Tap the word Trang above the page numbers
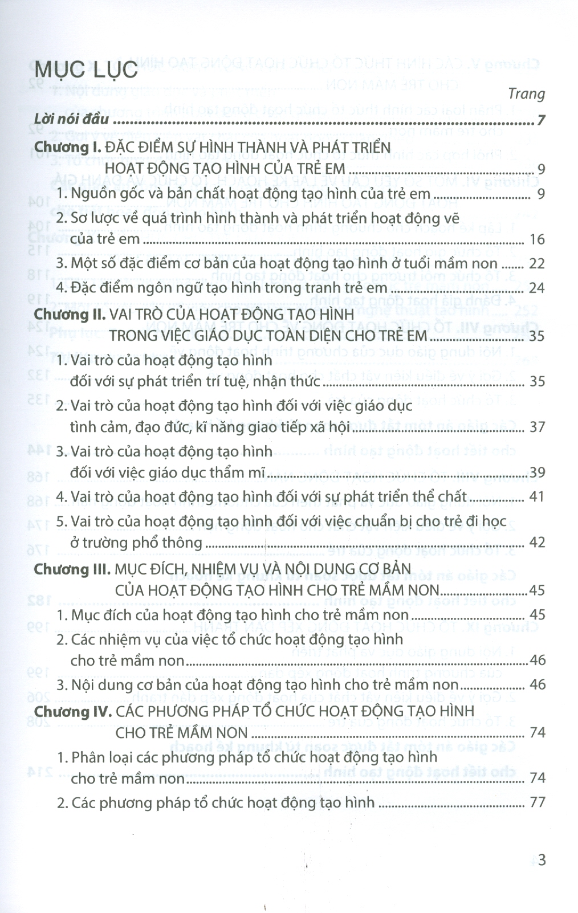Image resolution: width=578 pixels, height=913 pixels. click(x=526, y=94)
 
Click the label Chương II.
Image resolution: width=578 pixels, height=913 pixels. click(x=70, y=315)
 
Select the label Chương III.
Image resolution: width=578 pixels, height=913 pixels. click(x=72, y=569)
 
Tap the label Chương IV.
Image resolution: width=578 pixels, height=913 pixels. click(x=72, y=711)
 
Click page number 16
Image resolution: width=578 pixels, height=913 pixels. click(x=537, y=239)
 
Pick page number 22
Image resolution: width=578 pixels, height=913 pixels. click(x=537, y=263)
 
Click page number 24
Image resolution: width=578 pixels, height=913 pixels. click(x=537, y=288)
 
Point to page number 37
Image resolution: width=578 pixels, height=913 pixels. click(x=537, y=427)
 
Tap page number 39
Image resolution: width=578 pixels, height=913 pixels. click(x=537, y=472)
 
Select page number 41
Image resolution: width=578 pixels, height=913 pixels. click(x=537, y=497)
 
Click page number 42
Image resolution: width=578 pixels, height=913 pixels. click(x=537, y=543)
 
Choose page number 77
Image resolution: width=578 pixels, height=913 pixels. click(x=537, y=802)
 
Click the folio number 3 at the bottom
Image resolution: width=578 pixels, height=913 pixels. click(x=542, y=859)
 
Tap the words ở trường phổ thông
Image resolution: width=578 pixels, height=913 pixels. click(x=136, y=543)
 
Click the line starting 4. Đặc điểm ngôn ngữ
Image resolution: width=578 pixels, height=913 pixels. click(x=222, y=288)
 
